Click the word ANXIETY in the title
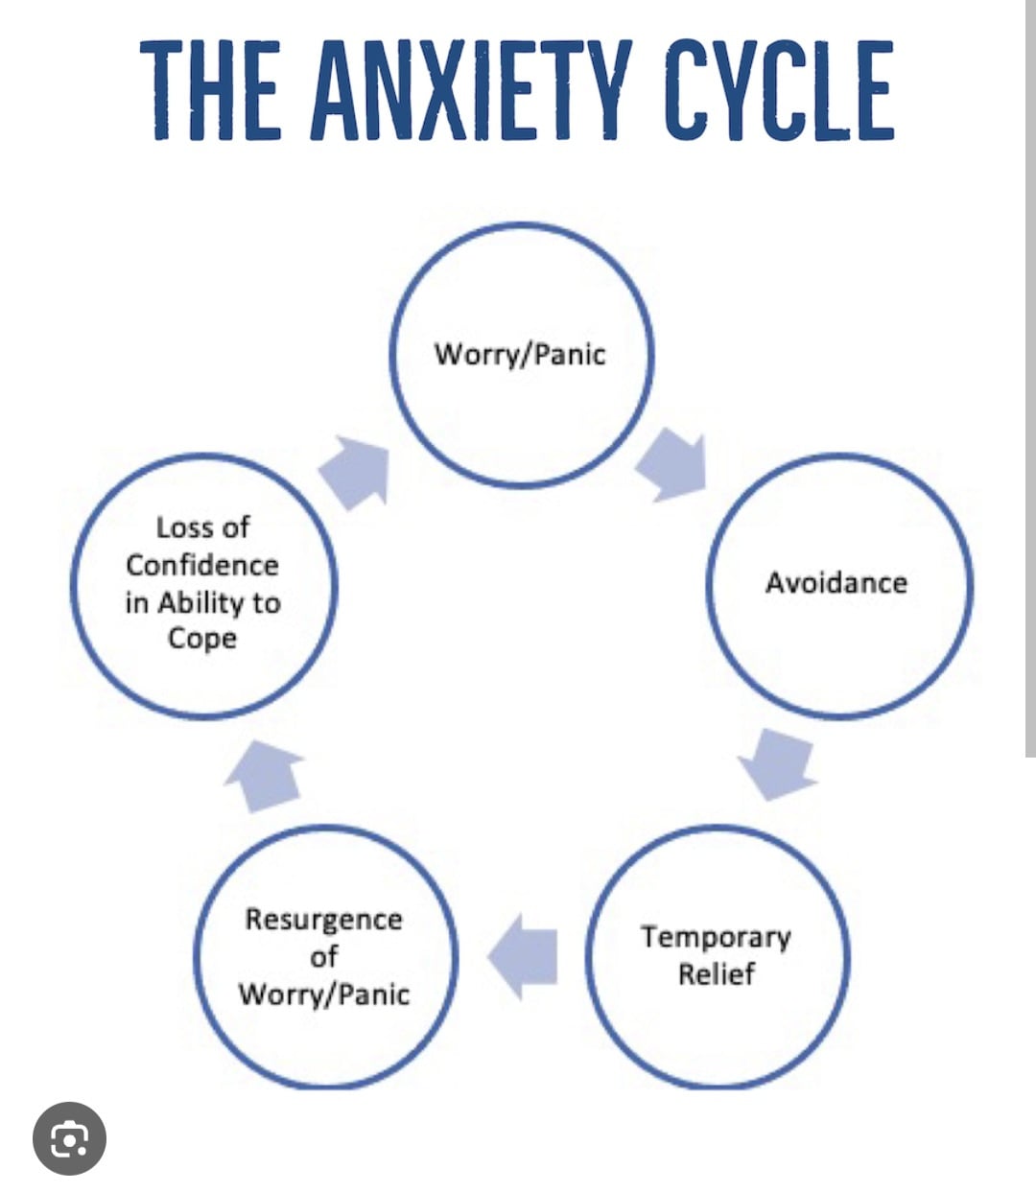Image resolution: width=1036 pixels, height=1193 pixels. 470,90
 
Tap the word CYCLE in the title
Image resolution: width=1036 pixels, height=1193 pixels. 780,90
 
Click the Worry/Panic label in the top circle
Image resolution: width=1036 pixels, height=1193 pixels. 520,355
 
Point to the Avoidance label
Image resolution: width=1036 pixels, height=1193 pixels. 836,582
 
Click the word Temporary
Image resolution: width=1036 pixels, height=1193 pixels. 716,938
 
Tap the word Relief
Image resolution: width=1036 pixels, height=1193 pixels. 717,973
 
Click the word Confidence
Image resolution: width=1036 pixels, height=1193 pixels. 202,565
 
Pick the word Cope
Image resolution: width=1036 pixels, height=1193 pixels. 202,639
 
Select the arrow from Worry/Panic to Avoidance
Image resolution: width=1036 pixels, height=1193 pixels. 673,466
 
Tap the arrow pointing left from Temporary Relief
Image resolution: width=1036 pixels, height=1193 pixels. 523,957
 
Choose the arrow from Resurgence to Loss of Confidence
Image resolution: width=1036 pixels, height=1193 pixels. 265,777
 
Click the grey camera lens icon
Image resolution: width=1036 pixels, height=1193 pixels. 69,1138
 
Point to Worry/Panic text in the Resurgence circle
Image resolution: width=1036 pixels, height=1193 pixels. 323,994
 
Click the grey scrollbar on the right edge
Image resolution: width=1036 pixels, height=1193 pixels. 1031,379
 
